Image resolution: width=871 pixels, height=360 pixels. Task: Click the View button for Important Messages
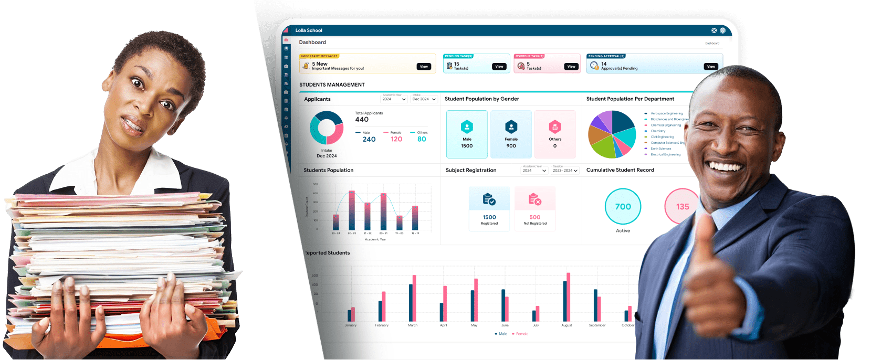coord(424,67)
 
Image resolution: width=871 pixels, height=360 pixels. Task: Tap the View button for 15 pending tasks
coord(499,67)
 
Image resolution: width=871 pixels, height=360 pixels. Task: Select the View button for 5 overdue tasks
coord(571,67)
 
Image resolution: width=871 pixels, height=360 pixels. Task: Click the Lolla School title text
coord(309,30)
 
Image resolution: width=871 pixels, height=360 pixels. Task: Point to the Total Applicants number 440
coord(362,120)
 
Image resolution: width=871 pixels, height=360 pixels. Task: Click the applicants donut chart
coord(327,128)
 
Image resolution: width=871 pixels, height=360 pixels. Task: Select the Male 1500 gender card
coord(467,134)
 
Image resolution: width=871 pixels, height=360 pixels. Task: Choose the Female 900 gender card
coord(511,134)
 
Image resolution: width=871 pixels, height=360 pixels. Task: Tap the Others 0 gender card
coord(555,134)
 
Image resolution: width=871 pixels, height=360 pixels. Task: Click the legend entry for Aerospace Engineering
coord(666,113)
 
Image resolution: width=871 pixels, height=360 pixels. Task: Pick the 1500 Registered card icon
coord(489,199)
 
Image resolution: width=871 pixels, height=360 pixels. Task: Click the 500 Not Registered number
coord(534,217)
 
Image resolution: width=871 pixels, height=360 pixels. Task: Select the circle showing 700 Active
coord(623,207)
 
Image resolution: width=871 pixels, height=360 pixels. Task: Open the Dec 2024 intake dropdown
coord(424,99)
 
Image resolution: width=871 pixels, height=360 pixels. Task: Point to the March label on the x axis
coord(413,325)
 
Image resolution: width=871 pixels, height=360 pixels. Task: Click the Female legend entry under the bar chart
coord(521,334)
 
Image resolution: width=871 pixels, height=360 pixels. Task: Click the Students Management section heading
coord(332,84)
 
